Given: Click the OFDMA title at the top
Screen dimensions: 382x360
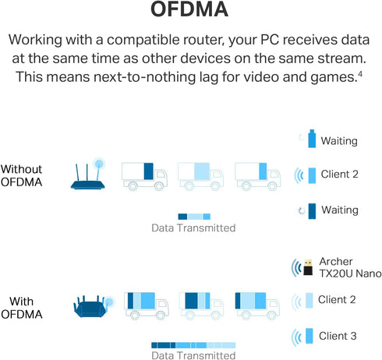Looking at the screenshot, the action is pyautogui.click(x=189, y=9).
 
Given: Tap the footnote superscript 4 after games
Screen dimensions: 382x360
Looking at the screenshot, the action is pyautogui.click(x=360, y=75).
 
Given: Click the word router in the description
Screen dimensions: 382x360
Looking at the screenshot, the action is pyautogui.click(x=203, y=41).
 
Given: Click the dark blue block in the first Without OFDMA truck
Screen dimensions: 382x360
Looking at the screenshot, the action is pyautogui.click(x=149, y=171).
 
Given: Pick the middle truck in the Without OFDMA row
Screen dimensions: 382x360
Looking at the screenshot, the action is pyautogui.click(x=200, y=176).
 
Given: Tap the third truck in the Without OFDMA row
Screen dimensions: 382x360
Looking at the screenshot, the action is pyautogui.click(x=257, y=176).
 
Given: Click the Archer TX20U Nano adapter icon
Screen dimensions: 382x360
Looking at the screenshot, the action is pyautogui.click(x=308, y=266).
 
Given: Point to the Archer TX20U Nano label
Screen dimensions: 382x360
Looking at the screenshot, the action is pyautogui.click(x=350, y=267).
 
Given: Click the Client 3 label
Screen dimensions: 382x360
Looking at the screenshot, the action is pyautogui.click(x=338, y=336).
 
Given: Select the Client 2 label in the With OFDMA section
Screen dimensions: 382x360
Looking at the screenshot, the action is pyautogui.click(x=337, y=299).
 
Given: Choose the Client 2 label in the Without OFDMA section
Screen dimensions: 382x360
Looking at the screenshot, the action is pyautogui.click(x=340, y=174).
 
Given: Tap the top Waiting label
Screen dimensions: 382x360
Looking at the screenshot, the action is pyautogui.click(x=339, y=141).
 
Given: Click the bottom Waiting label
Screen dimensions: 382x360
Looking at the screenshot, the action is pyautogui.click(x=340, y=210).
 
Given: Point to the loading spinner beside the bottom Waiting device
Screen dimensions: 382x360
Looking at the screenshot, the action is pyautogui.click(x=302, y=211).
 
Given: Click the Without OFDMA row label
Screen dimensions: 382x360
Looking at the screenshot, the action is pyautogui.click(x=21, y=175).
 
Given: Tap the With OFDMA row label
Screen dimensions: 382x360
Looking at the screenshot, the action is pyautogui.click(x=22, y=308).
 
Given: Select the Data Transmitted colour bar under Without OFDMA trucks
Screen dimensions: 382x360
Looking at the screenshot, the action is pyautogui.click(x=194, y=217).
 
